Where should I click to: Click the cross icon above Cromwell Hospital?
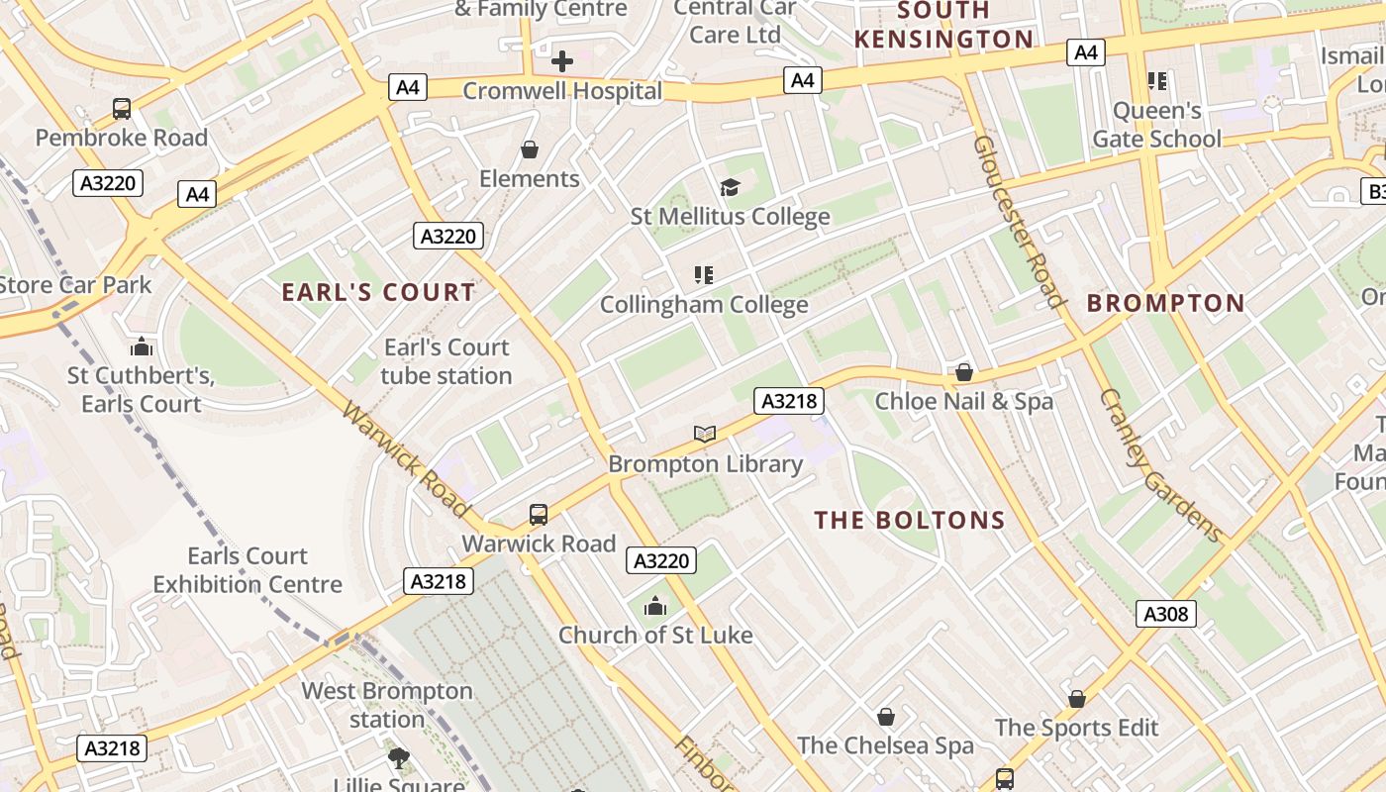[x=561, y=61]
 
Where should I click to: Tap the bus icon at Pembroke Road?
[x=122, y=109]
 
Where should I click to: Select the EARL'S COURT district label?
[x=378, y=292]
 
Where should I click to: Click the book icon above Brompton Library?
[x=704, y=434]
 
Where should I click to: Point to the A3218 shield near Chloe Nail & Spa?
[x=788, y=400]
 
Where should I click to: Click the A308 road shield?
[x=1165, y=614]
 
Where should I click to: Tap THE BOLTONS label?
[x=909, y=520]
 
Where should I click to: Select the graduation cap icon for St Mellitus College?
[x=730, y=187]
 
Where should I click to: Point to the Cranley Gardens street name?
[x=1161, y=465]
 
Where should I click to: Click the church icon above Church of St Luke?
[x=654, y=606]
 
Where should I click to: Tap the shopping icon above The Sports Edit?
[x=1076, y=699]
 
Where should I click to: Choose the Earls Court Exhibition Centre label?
[x=247, y=570]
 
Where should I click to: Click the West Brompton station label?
[x=387, y=705]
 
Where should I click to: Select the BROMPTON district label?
[x=1165, y=303]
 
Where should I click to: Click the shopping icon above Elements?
[x=530, y=149]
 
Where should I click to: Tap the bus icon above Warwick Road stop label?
[x=538, y=515]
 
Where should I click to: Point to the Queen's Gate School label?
[x=1156, y=125]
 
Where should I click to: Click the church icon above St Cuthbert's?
[x=142, y=346]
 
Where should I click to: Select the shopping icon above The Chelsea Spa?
[x=885, y=717]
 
